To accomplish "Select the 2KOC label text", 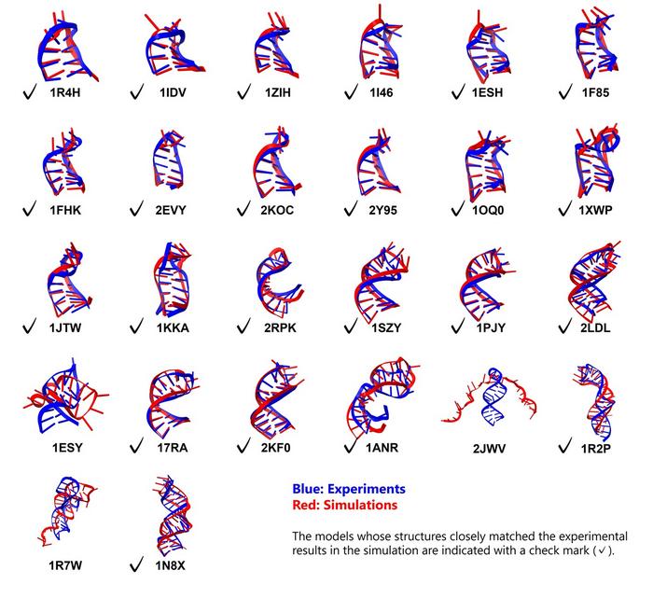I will [278, 211].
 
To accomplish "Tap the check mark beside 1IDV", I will [138, 92].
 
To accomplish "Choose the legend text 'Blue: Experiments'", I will [348, 488].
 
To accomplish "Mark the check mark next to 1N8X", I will [138, 563].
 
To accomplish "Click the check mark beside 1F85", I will [565, 92].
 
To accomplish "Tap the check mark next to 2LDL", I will [565, 327].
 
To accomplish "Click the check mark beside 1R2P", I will [565, 445].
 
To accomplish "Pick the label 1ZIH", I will [278, 93].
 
